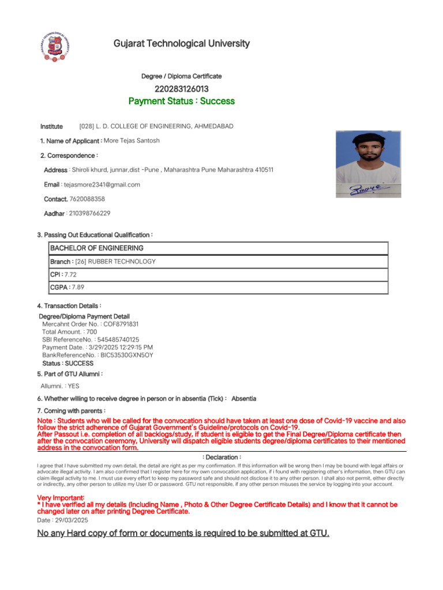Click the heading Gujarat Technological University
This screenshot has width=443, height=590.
click(x=181, y=44)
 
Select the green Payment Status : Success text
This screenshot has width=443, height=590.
click(x=181, y=101)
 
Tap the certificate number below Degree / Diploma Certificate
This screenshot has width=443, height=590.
click(x=181, y=89)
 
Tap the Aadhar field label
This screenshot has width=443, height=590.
click(x=54, y=213)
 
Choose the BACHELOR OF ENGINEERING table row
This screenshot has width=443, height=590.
click(x=219, y=248)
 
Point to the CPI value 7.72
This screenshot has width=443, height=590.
click(x=70, y=275)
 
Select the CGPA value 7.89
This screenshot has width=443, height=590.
click(x=78, y=287)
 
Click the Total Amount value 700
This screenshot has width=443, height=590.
click(x=92, y=332)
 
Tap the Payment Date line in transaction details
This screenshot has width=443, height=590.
click(x=97, y=347)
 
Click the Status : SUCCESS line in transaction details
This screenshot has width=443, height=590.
click(x=67, y=364)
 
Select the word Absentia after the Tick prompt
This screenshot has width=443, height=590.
click(x=243, y=399)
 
